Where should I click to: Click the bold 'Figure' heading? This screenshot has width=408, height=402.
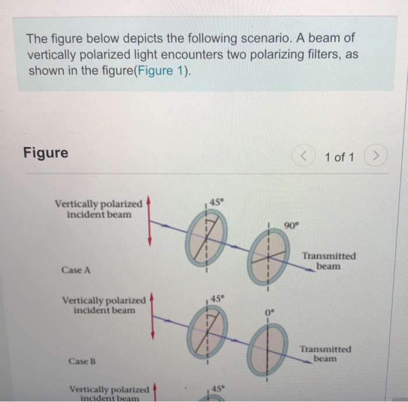(x=45, y=153)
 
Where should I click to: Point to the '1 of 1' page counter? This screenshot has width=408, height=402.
(x=339, y=157)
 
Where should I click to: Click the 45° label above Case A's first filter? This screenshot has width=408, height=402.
(x=216, y=202)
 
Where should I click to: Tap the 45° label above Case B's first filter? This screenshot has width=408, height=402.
(x=216, y=299)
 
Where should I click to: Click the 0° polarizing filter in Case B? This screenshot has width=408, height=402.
(x=268, y=349)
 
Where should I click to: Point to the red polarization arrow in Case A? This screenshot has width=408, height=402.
(x=150, y=221)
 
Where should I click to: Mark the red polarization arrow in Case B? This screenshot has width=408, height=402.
(x=153, y=316)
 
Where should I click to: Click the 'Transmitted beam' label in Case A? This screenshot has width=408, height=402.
(x=328, y=261)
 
